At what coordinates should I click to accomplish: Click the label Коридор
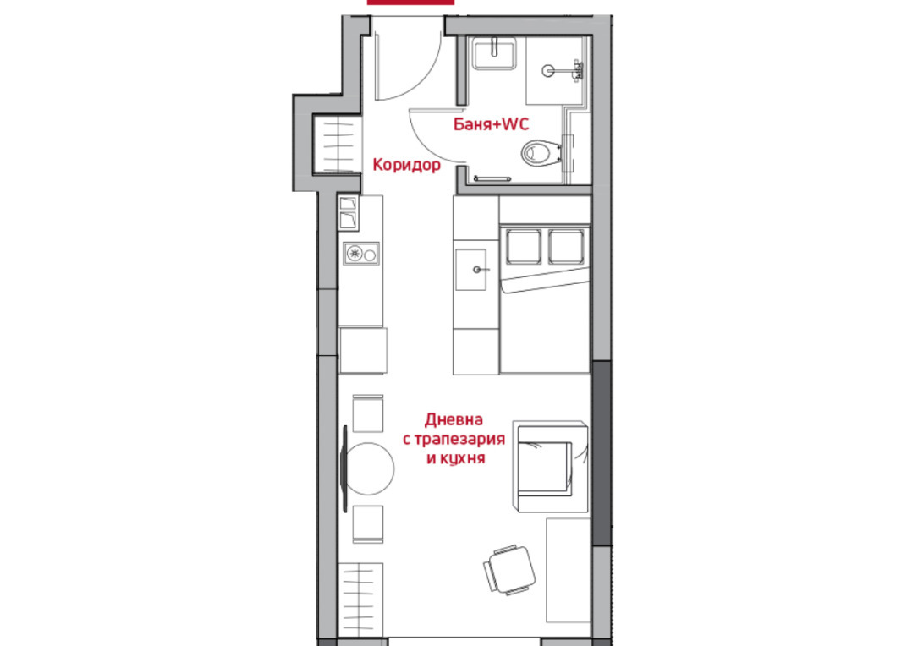coord(407,165)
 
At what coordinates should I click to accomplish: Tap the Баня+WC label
coord(491,124)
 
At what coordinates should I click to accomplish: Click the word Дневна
coord(454,419)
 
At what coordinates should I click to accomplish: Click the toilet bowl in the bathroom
coord(541,153)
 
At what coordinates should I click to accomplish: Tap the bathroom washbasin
coord(494,54)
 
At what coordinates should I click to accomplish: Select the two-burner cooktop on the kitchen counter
coord(361,254)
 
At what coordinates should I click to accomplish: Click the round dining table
coord(369,468)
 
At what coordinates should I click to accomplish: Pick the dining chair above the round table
coord(368,413)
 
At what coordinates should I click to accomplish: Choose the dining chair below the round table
coord(368,524)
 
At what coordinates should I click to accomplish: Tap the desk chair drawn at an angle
coord(509,570)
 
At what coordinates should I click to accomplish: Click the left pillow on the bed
coord(524,247)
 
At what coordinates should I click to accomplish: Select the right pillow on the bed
coord(567,247)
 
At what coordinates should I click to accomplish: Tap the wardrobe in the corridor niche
coord(338,144)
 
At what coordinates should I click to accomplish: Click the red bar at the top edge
coord(410,3)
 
